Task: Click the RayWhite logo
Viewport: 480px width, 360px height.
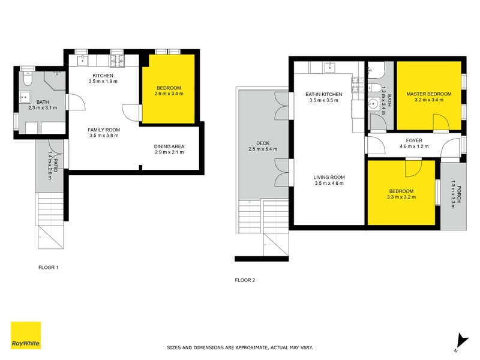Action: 26,335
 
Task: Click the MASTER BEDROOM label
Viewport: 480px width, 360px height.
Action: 428,94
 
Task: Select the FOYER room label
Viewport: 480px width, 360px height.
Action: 414,140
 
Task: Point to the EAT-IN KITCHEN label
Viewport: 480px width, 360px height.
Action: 323,94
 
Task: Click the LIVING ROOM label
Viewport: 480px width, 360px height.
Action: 329,177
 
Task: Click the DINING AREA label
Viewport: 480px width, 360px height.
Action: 169,146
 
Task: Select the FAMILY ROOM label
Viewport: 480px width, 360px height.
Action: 104,130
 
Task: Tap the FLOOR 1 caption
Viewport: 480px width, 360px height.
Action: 48,267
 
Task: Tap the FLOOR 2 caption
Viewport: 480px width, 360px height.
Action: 245,280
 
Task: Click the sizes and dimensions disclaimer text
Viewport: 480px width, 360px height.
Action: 239,347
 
